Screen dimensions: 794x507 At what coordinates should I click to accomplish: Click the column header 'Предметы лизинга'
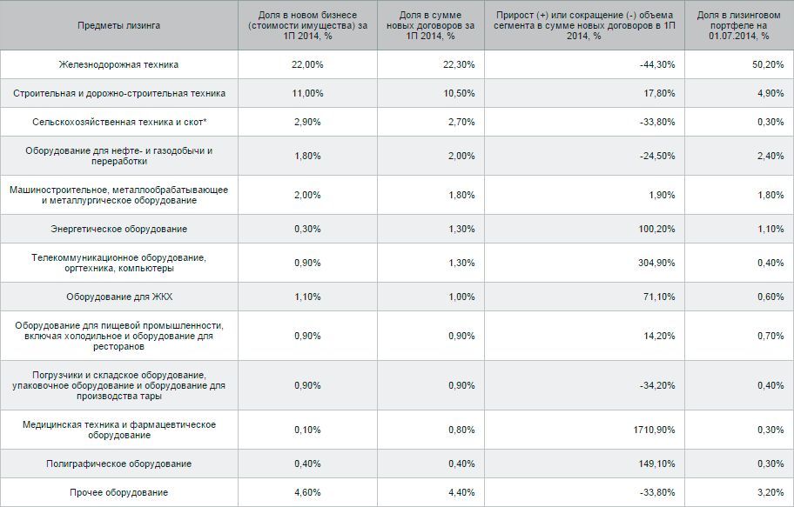point(119,25)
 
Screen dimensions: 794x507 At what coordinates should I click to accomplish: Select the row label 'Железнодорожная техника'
point(119,64)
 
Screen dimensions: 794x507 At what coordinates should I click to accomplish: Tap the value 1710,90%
point(654,430)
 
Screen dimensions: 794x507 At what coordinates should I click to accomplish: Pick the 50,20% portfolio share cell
point(768,64)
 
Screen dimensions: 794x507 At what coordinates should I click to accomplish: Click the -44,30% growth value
point(657,64)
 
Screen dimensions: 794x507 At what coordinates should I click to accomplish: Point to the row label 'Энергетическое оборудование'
point(119,230)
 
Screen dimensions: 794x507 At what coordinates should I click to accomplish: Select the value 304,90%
point(656,263)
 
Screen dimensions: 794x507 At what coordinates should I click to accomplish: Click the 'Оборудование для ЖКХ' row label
point(119,297)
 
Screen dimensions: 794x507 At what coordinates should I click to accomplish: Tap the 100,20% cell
point(656,230)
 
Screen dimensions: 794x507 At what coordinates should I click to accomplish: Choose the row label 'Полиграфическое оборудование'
point(119,464)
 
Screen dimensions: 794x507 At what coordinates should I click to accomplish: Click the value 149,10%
point(656,464)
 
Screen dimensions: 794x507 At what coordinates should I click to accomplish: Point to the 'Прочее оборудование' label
point(119,492)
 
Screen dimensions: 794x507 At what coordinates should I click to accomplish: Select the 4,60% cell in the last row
point(307,492)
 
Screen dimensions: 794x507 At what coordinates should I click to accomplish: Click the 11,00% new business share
point(307,93)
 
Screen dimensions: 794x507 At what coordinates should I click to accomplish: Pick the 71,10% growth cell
point(659,297)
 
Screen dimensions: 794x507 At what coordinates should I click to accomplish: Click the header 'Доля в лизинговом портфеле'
point(739,20)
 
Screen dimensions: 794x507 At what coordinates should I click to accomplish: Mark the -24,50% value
point(657,156)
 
